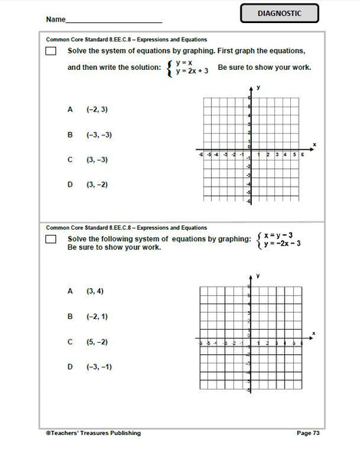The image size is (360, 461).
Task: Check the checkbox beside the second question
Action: (51, 240)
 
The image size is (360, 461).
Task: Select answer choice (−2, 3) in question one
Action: (97, 109)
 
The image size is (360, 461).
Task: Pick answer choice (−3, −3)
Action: (99, 134)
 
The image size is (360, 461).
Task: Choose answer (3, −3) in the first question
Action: (97, 160)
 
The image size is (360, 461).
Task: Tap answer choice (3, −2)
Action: (97, 184)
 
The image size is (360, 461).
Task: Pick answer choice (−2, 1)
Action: (97, 316)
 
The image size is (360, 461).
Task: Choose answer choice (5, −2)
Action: (97, 341)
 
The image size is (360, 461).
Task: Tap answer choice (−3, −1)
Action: (99, 366)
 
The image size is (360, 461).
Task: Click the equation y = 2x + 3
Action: (192, 71)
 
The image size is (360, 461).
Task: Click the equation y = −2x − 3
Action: (282, 244)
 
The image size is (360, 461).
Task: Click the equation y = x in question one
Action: (183, 61)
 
